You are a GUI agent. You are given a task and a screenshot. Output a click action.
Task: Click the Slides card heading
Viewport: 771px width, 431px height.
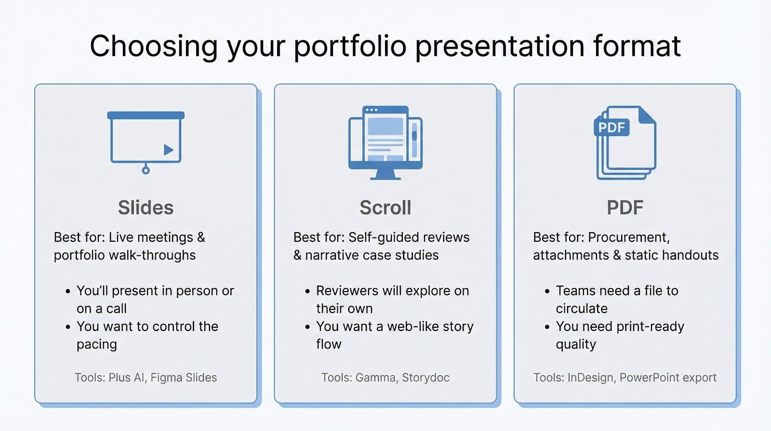coord(146,208)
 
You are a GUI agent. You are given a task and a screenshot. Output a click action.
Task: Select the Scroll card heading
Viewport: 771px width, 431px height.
coord(385,208)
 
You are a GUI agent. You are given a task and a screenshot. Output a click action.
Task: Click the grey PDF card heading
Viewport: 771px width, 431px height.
coord(625,208)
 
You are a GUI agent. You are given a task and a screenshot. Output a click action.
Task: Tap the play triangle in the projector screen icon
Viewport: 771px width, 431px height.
coord(168,150)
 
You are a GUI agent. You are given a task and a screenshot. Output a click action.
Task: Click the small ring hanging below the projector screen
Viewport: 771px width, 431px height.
coord(146,170)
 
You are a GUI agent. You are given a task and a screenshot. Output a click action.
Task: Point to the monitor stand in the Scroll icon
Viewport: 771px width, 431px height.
coord(385,174)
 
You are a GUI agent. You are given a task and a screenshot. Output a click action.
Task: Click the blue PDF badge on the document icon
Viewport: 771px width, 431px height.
coord(611,127)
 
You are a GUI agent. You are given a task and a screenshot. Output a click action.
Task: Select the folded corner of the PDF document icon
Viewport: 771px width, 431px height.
coord(647,115)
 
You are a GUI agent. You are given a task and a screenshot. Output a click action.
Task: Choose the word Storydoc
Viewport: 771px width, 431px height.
coord(425,377)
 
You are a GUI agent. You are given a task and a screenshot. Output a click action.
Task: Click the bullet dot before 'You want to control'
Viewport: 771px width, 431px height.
coord(68,327)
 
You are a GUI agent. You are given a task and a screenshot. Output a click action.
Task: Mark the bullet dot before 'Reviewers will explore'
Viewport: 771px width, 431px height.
coord(307,292)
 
